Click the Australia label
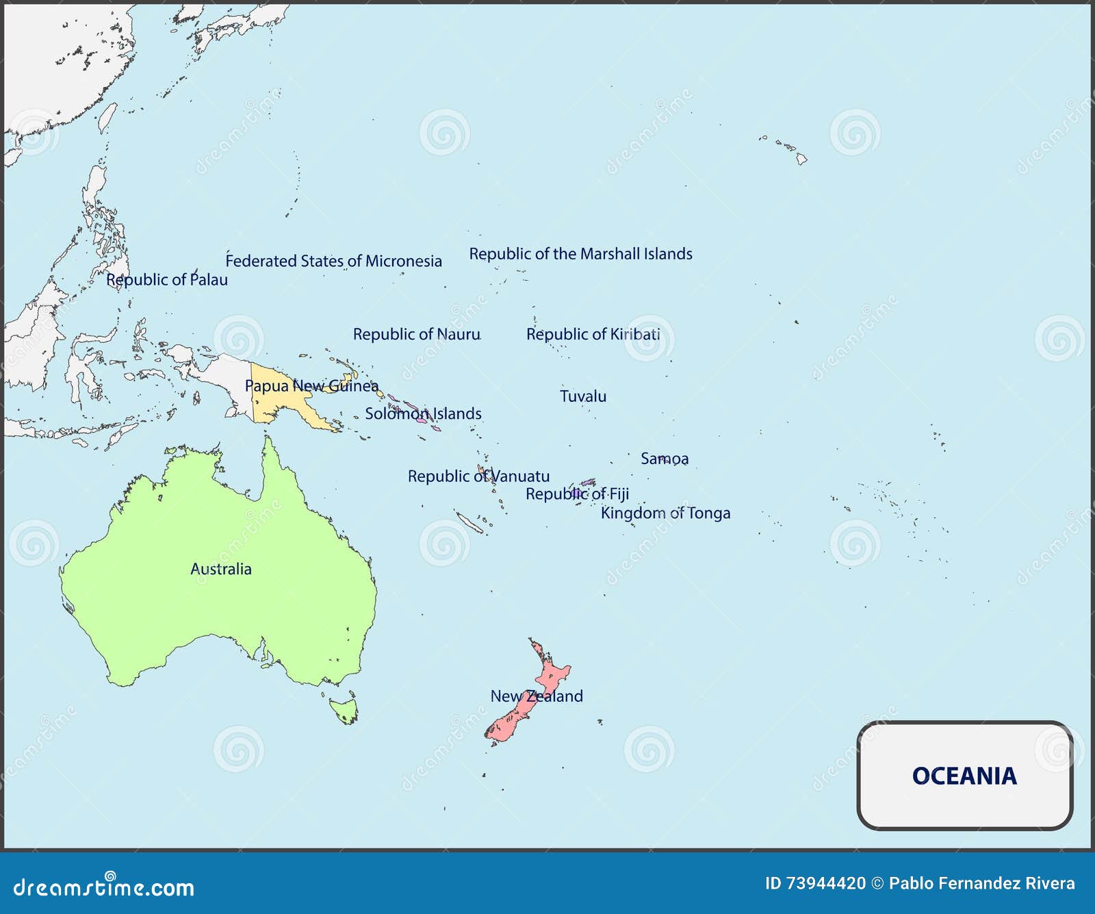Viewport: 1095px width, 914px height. pos(220,569)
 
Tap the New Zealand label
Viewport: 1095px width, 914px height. pos(537,696)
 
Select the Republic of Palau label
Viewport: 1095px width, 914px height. pos(167,279)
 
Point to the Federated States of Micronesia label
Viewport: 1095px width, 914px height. pos(334,261)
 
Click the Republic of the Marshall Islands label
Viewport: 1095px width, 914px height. pos(580,254)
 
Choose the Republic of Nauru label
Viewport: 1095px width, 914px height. pos(416,334)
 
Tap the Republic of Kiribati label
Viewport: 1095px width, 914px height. pos(593,334)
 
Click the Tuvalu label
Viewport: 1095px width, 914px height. pos(583,396)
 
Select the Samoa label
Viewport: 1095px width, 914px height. pos(665,459)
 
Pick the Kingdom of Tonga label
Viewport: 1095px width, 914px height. pos(665,513)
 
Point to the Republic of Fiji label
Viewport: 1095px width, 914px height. pos(577,494)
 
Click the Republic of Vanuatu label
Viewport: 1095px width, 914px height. pos(478,476)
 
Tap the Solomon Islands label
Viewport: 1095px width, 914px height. pos(423,414)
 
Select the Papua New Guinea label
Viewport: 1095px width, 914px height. pos(311,386)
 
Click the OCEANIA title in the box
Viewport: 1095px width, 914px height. pos(964,776)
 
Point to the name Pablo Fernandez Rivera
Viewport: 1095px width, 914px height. pos(981,884)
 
